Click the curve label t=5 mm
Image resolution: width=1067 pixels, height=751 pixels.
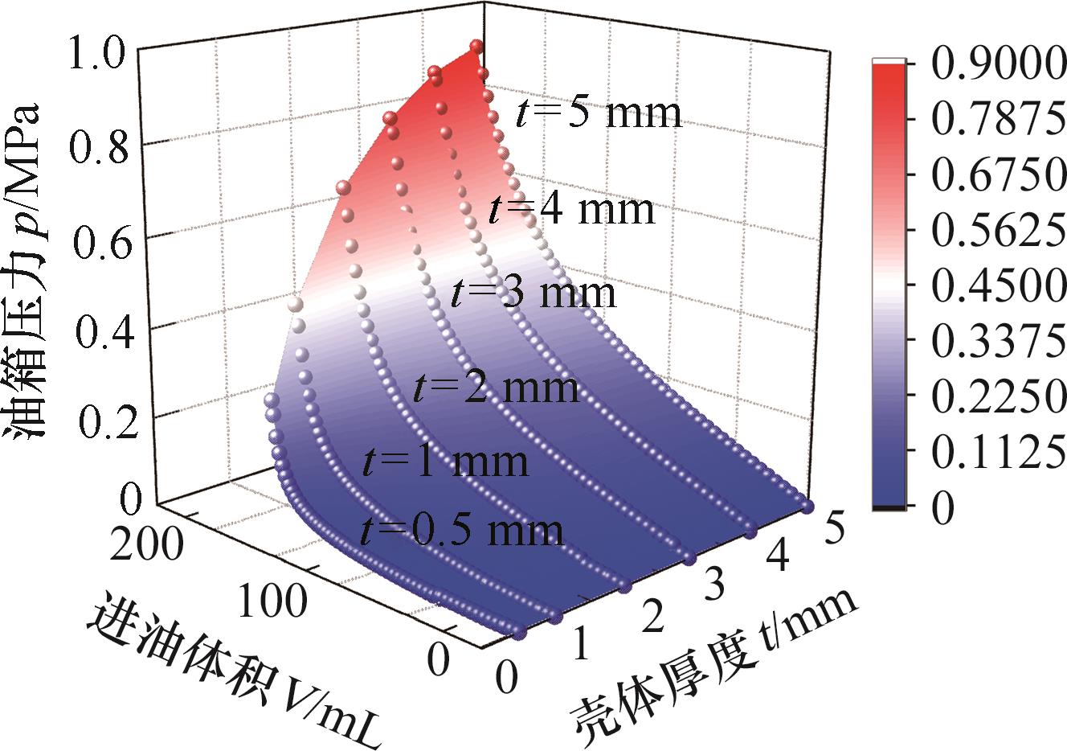click(598, 113)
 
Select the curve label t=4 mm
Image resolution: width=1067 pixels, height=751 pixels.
click(571, 210)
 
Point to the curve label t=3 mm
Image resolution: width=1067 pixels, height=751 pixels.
click(533, 293)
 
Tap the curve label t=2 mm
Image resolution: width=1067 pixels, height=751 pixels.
click(496, 388)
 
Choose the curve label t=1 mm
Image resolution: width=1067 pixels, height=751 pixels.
click(446, 462)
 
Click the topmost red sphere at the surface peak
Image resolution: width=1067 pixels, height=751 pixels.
click(476, 47)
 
